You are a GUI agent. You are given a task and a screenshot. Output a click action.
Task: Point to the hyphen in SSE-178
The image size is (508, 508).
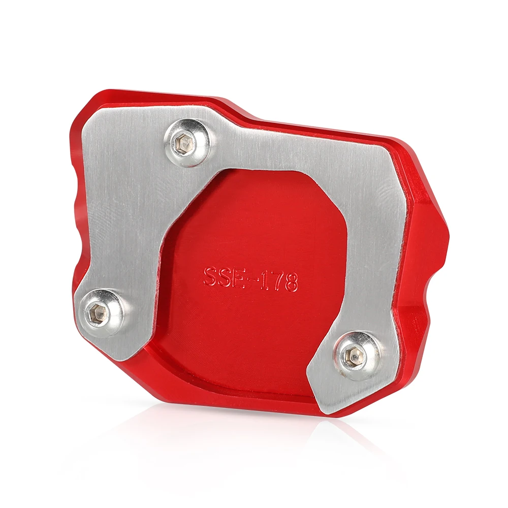tap(252, 280)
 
